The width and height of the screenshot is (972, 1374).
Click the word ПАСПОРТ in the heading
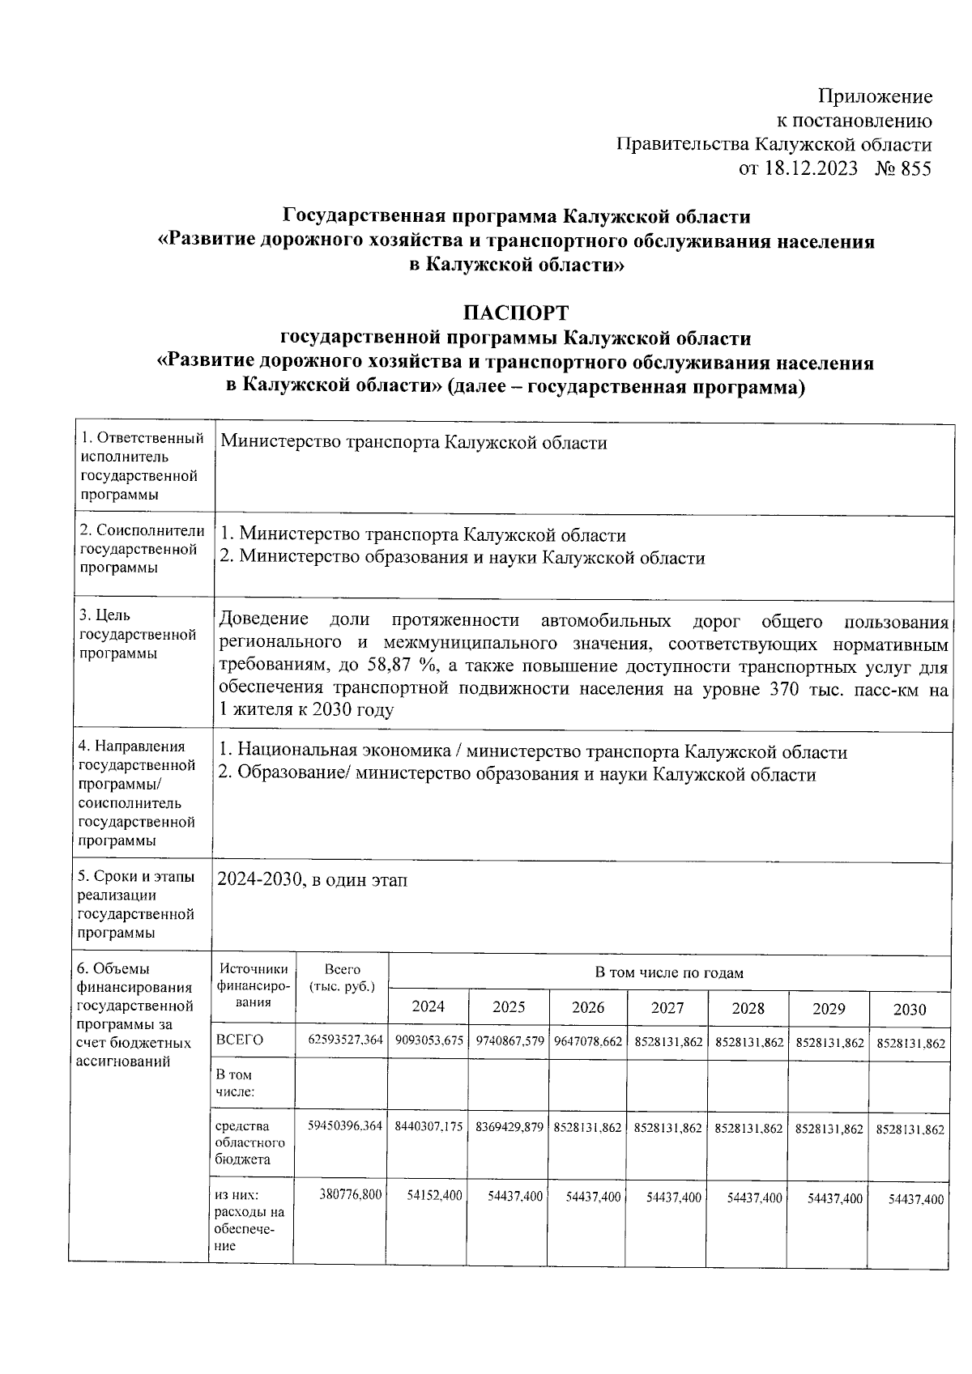click(x=516, y=313)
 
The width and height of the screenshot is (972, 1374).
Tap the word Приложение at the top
click(x=875, y=97)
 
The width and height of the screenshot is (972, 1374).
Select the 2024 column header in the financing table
click(x=428, y=1007)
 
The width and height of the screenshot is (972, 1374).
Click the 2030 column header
click(x=909, y=1009)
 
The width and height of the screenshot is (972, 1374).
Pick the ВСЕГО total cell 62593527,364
click(x=344, y=1040)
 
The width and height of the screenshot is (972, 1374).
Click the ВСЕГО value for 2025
click(x=509, y=1041)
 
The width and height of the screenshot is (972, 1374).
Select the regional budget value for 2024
click(x=428, y=1126)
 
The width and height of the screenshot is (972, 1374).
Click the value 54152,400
click(x=434, y=1195)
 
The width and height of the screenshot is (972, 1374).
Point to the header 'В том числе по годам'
click(x=669, y=972)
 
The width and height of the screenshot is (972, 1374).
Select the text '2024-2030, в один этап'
click(x=312, y=880)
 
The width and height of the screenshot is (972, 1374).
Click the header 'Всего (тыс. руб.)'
click(x=343, y=977)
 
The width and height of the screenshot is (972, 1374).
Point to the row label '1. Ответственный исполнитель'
click(x=141, y=448)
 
